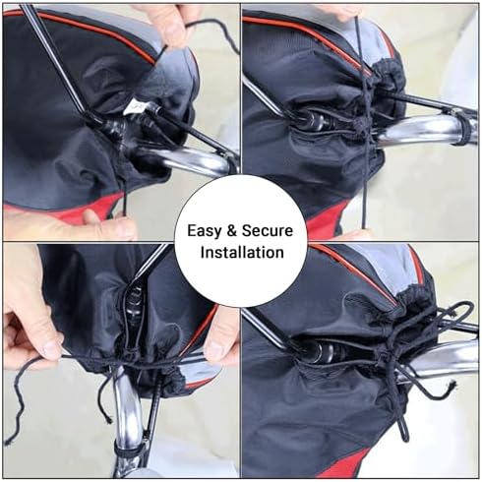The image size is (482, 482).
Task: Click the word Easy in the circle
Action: tap(205, 231)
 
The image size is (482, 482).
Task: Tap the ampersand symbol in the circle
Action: tap(231, 231)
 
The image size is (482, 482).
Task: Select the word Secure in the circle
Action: tap(267, 231)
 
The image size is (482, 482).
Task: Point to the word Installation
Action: tap(242, 253)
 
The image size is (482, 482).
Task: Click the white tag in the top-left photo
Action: tap(135, 106)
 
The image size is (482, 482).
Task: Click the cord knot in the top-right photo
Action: tap(362, 125)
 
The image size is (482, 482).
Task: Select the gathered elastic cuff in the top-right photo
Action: tap(390, 77)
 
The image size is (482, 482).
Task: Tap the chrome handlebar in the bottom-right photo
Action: tap(441, 361)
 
